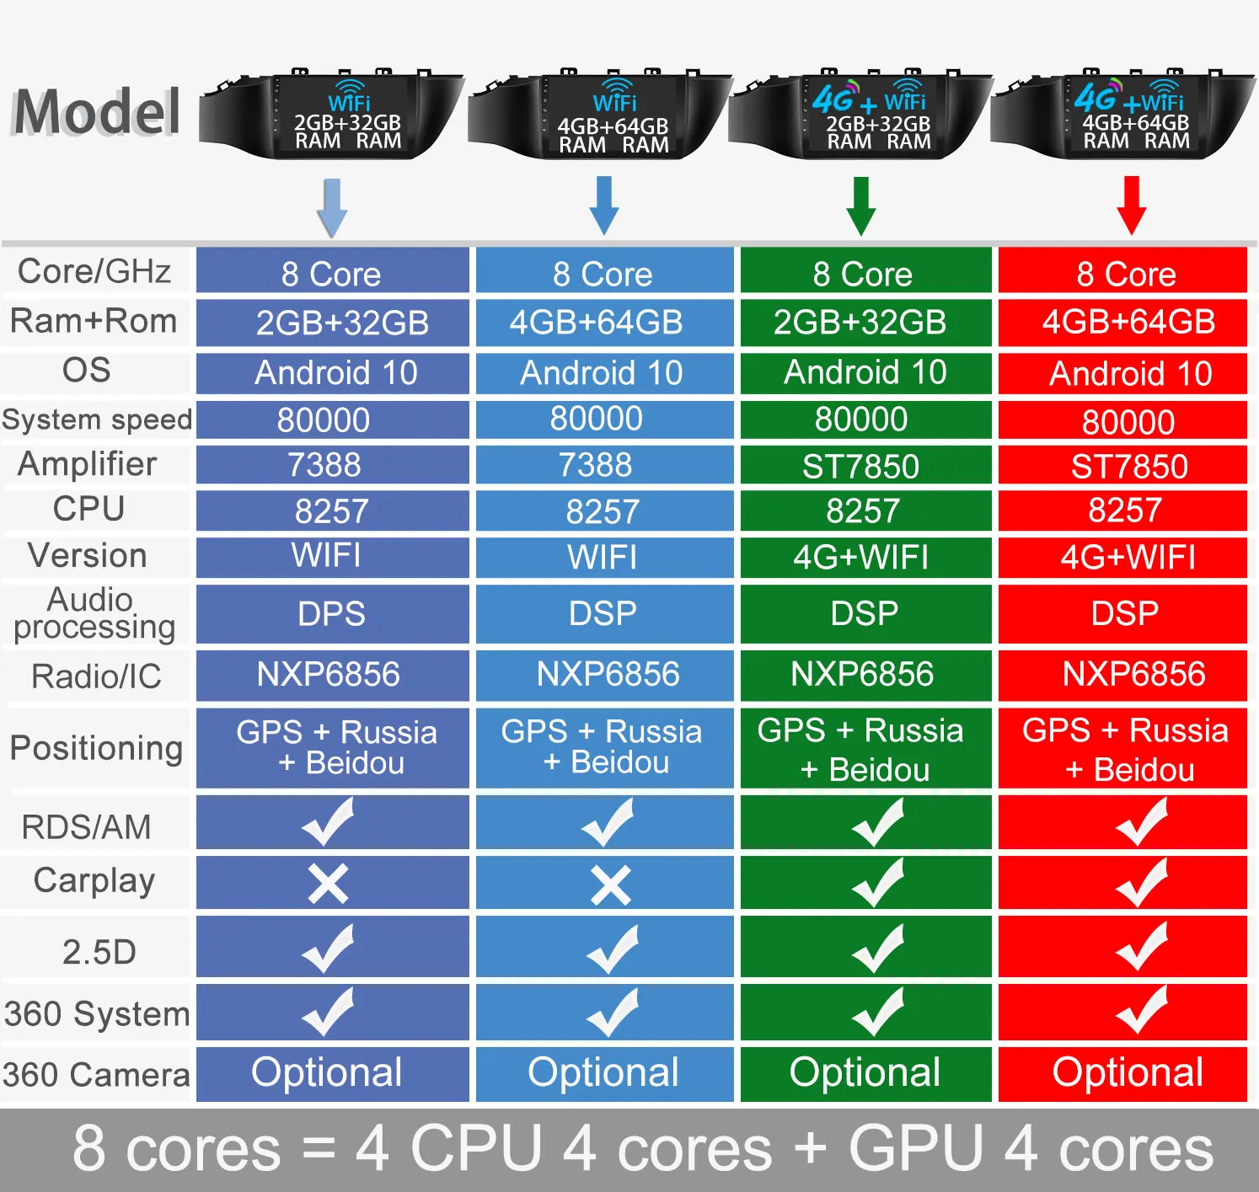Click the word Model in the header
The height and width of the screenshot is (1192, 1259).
[x=97, y=112]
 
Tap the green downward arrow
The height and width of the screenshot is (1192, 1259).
[x=860, y=205]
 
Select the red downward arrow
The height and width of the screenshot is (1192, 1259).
[x=1131, y=205]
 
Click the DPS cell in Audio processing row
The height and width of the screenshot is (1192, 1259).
[x=332, y=614]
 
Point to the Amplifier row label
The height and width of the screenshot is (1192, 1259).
[x=88, y=464]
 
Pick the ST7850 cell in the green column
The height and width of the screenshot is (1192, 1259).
[x=860, y=467]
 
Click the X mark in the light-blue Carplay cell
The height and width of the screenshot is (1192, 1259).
[x=610, y=885]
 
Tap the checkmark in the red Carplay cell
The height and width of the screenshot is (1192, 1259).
[x=1141, y=883]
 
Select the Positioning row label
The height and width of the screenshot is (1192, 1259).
[x=96, y=748]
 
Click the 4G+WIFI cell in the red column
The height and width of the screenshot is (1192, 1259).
[x=1128, y=557]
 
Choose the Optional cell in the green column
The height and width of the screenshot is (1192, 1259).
[x=865, y=1072]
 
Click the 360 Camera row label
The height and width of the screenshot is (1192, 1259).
[x=96, y=1075]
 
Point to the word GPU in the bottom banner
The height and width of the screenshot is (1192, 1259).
[x=916, y=1148]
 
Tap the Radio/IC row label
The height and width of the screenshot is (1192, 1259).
[x=96, y=676]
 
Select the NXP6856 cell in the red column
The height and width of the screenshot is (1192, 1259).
[x=1133, y=674]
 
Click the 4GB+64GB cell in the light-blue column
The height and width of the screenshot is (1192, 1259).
[x=596, y=322]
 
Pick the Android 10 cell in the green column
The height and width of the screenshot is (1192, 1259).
[x=865, y=372]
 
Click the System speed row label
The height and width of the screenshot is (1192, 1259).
[x=97, y=420]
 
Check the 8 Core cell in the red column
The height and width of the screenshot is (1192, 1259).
[x=1126, y=274]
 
